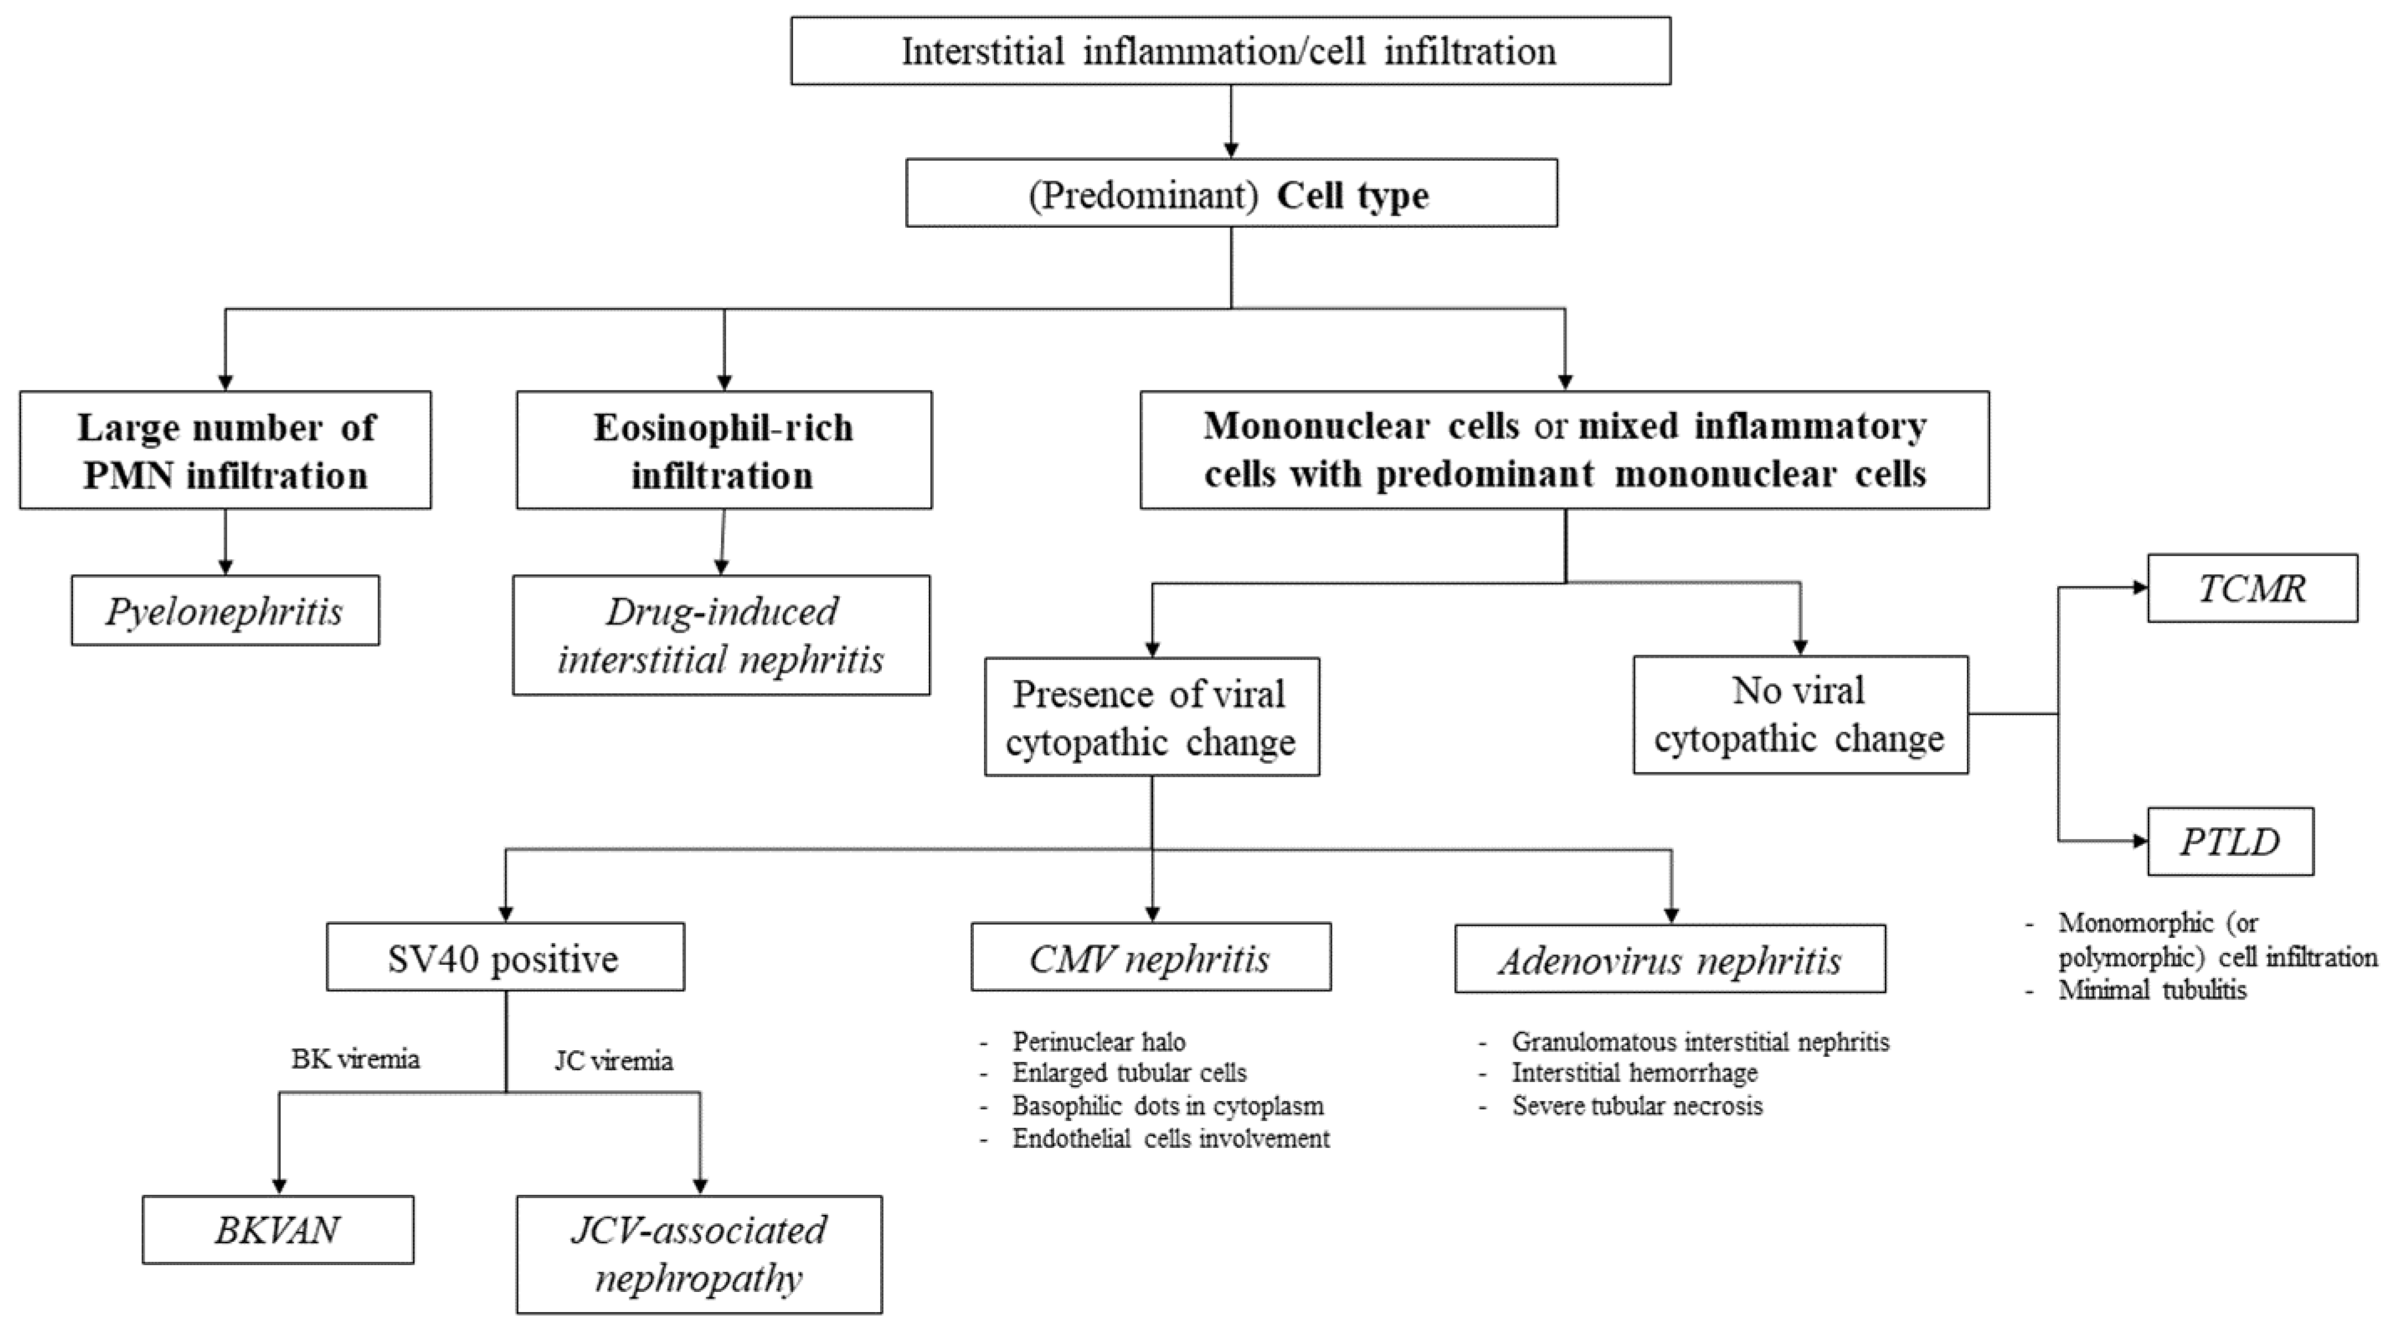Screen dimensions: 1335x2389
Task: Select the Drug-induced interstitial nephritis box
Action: [x=722, y=636]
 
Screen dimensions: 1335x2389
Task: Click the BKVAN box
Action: [x=278, y=1230]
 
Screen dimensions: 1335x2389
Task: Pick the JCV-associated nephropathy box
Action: [x=699, y=1255]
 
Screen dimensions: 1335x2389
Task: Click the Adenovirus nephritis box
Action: [x=1669, y=959]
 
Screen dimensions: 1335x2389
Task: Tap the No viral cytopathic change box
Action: [x=1799, y=716]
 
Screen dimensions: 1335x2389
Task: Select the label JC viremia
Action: [x=614, y=1060]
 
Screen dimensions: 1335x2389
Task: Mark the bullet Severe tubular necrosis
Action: [x=1637, y=1106]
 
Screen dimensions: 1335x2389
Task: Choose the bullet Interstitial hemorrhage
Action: [x=1634, y=1074]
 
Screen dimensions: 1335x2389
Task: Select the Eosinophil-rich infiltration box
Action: [x=723, y=450]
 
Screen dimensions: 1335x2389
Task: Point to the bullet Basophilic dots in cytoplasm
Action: [x=1168, y=1106]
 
